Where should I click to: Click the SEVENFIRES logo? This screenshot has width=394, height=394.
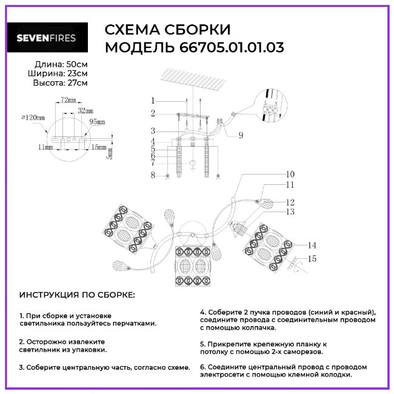pyautogui.click(x=47, y=38)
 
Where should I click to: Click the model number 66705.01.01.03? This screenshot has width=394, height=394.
pyautogui.click(x=232, y=47)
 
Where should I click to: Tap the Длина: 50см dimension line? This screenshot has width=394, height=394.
pyautogui.click(x=61, y=64)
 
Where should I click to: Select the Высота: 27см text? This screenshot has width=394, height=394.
pyautogui.click(x=60, y=83)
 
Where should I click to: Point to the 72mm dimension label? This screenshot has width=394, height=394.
pyautogui.click(x=68, y=99)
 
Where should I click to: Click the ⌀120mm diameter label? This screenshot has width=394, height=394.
pyautogui.click(x=33, y=118)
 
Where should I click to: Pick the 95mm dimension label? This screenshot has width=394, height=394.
pyautogui.click(x=97, y=122)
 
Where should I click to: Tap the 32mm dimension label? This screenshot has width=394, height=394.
pyautogui.click(x=85, y=110)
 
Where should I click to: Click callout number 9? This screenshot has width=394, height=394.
pyautogui.click(x=241, y=135)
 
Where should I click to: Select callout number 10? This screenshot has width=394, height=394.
pyautogui.click(x=290, y=174)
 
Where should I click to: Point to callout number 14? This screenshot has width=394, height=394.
pyautogui.click(x=312, y=245)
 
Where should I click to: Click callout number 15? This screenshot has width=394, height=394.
pyautogui.click(x=312, y=259)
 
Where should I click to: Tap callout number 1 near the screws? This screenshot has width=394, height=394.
pyautogui.click(x=153, y=101)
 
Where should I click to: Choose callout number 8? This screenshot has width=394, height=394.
pyautogui.click(x=153, y=175)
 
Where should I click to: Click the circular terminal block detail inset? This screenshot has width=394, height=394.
pyautogui.click(x=270, y=105)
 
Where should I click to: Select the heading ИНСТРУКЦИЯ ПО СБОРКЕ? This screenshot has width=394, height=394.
pyautogui.click(x=77, y=295)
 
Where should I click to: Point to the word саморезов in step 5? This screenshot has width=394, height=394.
pyautogui.click(x=304, y=352)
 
